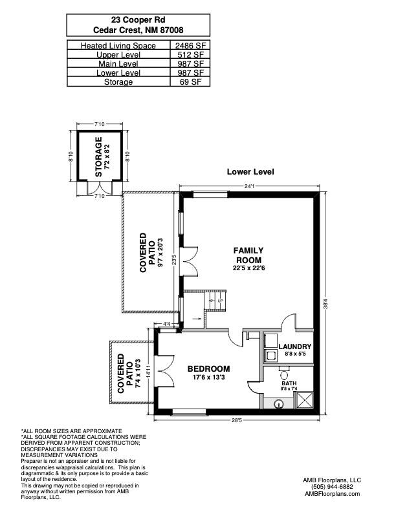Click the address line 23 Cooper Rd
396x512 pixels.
pos(138,21)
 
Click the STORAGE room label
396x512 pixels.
pos(98,156)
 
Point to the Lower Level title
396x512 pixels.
pos(250,172)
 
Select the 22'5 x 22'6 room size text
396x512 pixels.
pos(249,268)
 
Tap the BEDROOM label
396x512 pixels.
pos(208,369)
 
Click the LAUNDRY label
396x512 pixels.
pos(295,347)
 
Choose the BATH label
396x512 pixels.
pos(288,382)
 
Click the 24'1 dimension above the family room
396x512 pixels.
pos(250,186)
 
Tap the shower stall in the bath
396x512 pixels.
pos(302,401)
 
